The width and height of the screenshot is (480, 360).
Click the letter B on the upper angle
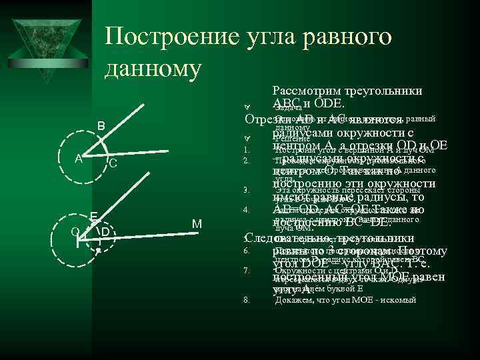[101, 126]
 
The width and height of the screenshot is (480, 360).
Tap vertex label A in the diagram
[78, 159]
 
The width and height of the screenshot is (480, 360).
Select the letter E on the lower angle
[94, 216]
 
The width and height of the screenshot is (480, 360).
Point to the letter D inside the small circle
[105, 232]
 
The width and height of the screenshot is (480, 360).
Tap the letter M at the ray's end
[197, 223]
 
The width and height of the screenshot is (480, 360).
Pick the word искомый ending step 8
[399, 300]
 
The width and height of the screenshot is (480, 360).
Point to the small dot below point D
[98, 251]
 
